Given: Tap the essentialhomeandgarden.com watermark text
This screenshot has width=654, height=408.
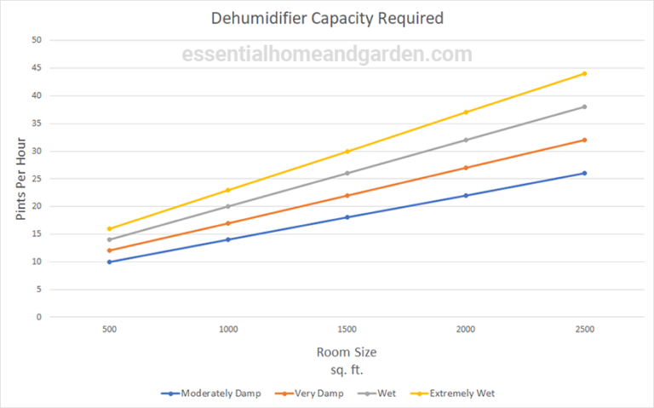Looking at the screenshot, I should pyautogui.click(x=327, y=55).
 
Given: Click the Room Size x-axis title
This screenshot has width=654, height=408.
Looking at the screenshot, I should pyautogui.click(x=347, y=352).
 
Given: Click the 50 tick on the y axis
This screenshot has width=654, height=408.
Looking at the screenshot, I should pyautogui.click(x=36, y=40).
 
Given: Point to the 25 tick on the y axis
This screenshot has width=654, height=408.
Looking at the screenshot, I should pyautogui.click(x=36, y=179).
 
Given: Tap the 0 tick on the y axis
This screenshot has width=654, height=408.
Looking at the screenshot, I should pyautogui.click(x=38, y=317).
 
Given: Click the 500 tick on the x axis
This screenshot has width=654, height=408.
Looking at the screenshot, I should pyautogui.click(x=109, y=328).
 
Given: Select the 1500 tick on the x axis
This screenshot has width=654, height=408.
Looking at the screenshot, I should pyautogui.click(x=347, y=328).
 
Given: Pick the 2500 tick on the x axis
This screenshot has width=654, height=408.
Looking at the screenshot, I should pyautogui.click(x=584, y=328).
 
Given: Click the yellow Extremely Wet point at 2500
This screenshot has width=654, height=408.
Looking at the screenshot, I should pyautogui.click(x=584, y=73).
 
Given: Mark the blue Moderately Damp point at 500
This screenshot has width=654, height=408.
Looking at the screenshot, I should pyautogui.click(x=109, y=261).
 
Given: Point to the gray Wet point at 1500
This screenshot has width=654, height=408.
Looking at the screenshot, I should pyautogui.click(x=347, y=173).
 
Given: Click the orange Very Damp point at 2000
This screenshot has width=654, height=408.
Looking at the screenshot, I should pyautogui.click(x=466, y=168).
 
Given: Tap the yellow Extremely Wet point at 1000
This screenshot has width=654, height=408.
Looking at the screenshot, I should pyautogui.click(x=228, y=190).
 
